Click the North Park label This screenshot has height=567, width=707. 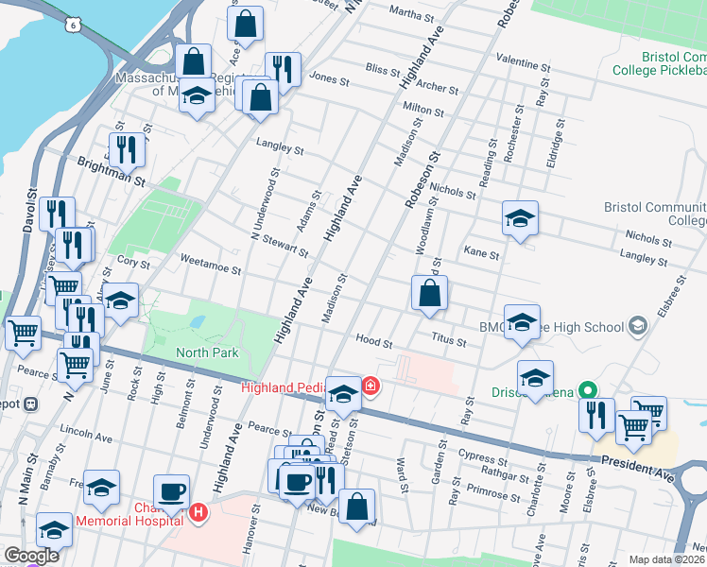click(207, 352)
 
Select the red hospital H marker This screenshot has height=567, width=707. click(198, 513)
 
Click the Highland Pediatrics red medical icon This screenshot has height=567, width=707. click(370, 386)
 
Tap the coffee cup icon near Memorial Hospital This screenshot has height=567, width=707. click(171, 491)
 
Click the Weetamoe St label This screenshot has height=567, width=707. click(210, 266)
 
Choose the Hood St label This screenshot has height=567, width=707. click(373, 340)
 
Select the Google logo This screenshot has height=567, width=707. click(32, 556)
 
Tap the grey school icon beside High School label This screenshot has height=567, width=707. click(638, 326)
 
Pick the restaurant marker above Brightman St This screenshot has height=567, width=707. click(126, 148)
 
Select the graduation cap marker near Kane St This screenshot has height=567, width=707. click(520, 218)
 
